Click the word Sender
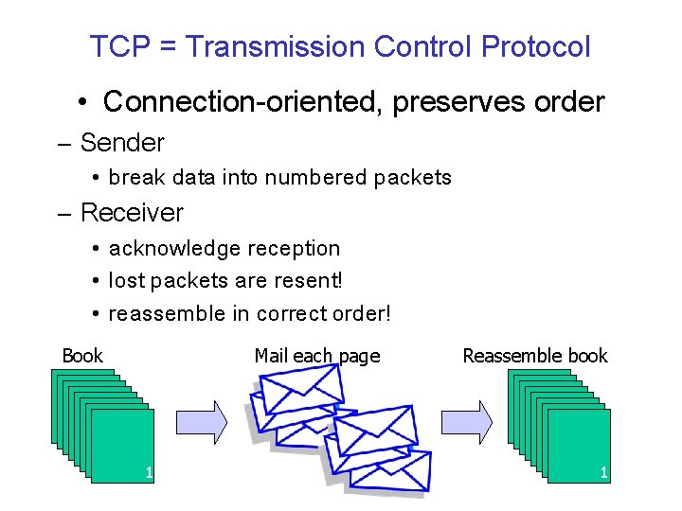(122, 143)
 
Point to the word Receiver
(132, 213)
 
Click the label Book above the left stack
(82, 356)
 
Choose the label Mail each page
(316, 356)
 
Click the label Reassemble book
(535, 356)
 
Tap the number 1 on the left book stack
(148, 471)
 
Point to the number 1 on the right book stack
(603, 471)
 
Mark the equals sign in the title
(170, 47)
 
